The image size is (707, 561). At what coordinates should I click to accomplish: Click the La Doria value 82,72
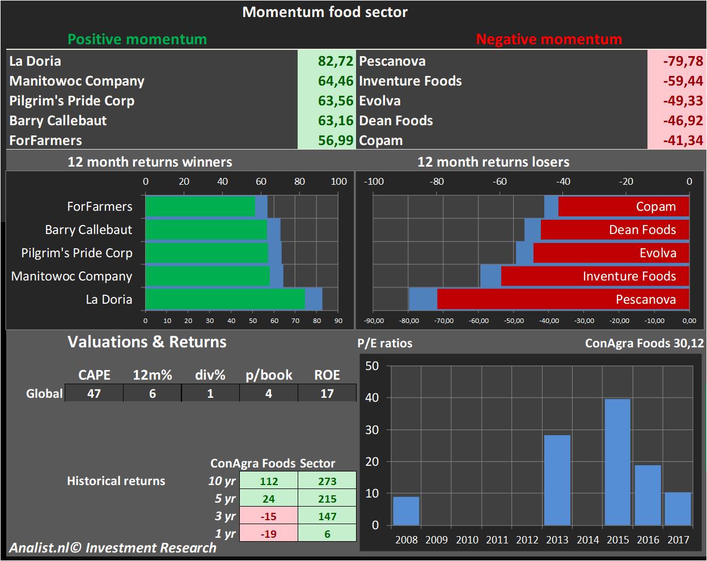click(335, 61)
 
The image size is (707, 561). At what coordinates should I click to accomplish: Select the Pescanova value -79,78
click(683, 61)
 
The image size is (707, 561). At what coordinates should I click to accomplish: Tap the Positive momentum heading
click(137, 39)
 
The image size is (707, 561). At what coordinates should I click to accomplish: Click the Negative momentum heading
click(549, 39)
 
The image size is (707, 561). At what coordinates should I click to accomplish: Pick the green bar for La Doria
click(225, 299)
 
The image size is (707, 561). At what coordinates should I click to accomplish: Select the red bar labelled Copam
click(623, 206)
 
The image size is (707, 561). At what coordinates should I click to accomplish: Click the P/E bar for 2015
click(617, 462)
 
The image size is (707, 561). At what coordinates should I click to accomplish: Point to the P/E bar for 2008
click(406, 511)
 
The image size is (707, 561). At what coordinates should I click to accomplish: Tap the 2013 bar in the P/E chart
click(557, 480)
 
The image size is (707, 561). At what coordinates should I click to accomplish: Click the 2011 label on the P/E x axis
click(497, 539)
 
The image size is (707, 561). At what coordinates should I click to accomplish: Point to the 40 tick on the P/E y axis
click(372, 398)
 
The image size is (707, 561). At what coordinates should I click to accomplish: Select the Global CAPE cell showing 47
click(94, 393)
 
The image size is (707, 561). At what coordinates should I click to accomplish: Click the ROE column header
click(327, 375)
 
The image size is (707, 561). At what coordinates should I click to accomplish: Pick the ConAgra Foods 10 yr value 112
click(269, 481)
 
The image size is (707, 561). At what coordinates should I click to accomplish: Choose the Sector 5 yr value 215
click(327, 499)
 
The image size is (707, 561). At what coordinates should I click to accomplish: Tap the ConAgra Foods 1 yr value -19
click(269, 534)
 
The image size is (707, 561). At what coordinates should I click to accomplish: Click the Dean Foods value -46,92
click(683, 121)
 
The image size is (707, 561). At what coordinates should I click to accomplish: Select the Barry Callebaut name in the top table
click(58, 121)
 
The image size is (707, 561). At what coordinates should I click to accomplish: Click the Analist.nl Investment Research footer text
click(112, 548)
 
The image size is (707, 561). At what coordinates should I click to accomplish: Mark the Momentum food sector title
click(325, 12)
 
